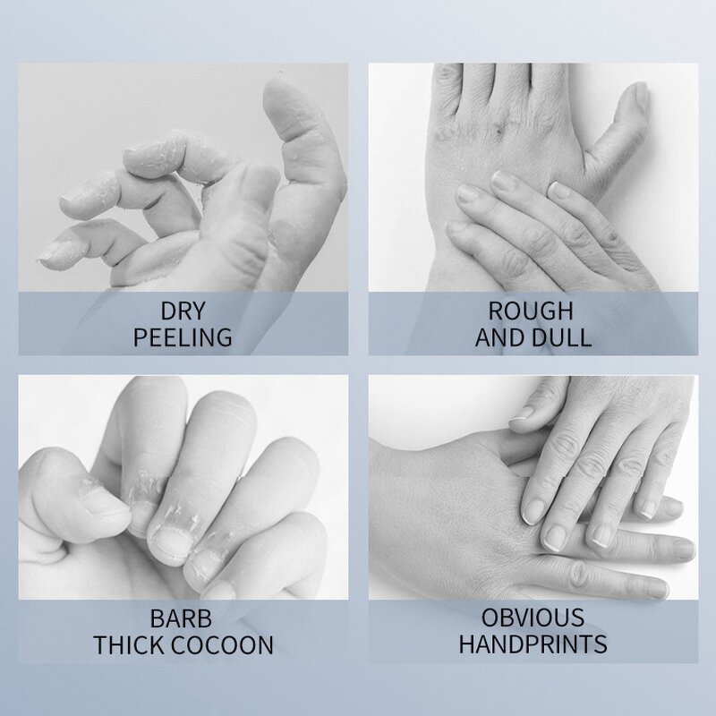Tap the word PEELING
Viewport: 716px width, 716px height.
pos(182,337)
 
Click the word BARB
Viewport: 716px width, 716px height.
pos(183,618)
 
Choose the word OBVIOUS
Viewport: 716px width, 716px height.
pos(532,618)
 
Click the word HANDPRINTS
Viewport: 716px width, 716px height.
pos(532,644)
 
